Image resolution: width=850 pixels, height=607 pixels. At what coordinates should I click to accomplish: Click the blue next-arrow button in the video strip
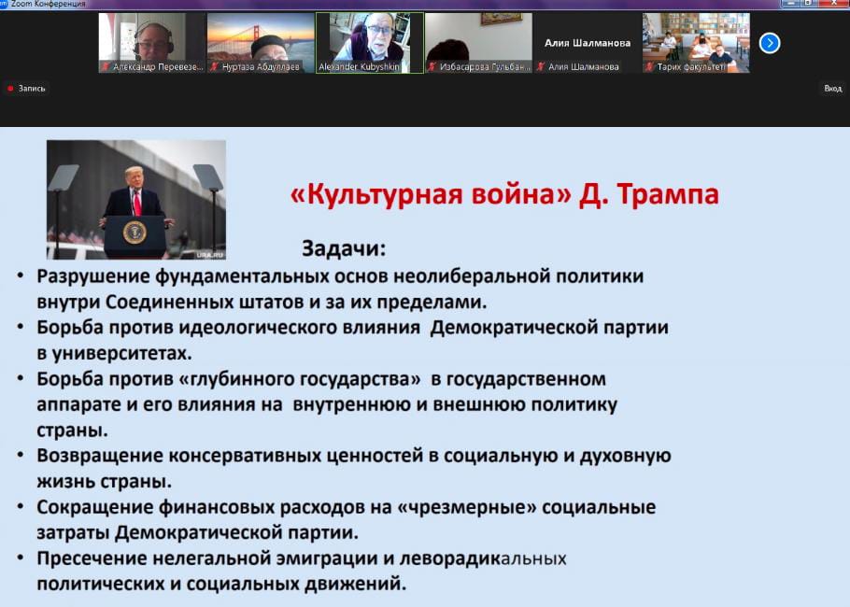tap(770, 43)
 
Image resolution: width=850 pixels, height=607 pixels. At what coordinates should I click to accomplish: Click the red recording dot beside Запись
tap(10, 89)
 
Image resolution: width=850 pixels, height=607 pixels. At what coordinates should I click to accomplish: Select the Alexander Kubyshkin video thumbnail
tap(370, 43)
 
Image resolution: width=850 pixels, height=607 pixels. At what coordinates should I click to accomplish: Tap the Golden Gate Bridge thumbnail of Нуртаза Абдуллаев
tap(261, 43)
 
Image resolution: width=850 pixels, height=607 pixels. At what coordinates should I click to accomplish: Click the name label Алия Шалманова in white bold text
tap(588, 43)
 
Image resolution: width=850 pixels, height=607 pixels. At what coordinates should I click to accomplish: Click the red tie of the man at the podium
tap(137, 203)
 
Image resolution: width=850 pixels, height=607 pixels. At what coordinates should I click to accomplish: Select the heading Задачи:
tap(344, 248)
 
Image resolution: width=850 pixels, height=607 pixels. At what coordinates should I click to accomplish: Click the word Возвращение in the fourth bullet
tap(100, 456)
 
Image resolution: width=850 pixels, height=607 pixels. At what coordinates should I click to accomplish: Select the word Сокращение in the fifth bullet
tap(95, 507)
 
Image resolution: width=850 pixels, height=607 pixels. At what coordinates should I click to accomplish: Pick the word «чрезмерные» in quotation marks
tap(467, 507)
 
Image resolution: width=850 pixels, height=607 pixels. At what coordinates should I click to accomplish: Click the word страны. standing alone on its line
tap(72, 431)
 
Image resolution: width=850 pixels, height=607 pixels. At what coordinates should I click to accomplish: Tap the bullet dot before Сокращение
tap(20, 506)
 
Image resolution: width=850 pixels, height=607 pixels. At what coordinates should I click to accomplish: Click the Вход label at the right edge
tap(832, 89)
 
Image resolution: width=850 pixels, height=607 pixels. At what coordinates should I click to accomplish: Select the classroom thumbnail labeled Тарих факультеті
tap(696, 43)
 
